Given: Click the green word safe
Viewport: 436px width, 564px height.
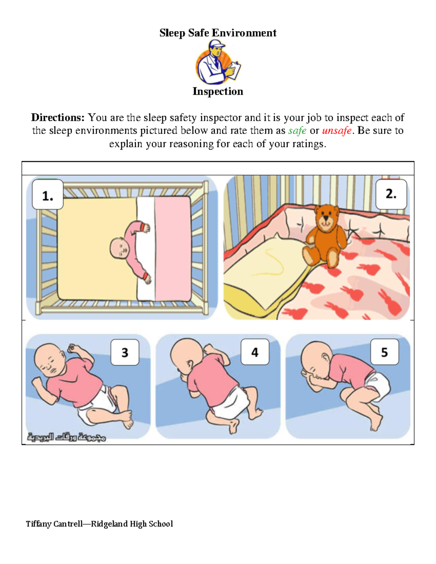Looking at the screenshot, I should point(297,131).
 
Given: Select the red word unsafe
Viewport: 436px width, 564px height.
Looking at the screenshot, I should point(337,131).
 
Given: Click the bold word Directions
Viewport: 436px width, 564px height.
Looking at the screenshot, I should point(58,118).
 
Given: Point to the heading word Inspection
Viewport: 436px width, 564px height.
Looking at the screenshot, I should point(218,92).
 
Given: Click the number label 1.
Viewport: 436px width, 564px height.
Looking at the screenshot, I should point(48,196).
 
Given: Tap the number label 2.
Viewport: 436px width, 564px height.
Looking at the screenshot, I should point(391,194).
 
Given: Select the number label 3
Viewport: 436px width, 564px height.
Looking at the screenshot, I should point(125,352).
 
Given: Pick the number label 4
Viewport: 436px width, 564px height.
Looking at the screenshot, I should point(255,352).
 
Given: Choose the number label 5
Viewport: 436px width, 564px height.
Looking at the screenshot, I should point(384,352).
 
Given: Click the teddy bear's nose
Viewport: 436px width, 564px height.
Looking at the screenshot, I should point(326,218).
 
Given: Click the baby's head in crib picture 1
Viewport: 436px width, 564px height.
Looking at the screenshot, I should point(119,249).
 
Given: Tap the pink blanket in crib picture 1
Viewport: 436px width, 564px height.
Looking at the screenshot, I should point(173,249).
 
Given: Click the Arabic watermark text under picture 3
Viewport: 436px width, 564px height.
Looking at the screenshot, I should point(66,437).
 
